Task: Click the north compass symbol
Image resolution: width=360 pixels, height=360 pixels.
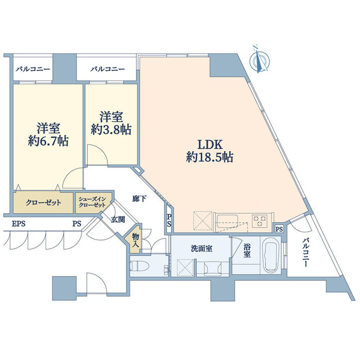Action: tap(260, 60)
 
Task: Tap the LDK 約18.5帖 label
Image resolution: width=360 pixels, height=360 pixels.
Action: tap(210, 150)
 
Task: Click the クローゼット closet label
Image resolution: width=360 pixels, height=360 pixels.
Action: tap(43, 203)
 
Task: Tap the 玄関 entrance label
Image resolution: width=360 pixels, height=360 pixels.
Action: tap(116, 219)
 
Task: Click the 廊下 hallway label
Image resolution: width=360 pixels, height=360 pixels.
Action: tap(139, 199)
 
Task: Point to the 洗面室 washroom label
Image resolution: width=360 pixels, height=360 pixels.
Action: tap(200, 249)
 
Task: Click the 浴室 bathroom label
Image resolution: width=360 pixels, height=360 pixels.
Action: tap(246, 250)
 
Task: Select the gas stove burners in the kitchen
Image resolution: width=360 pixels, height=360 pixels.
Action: tap(260, 219)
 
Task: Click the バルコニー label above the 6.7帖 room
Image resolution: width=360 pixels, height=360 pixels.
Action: tap(33, 69)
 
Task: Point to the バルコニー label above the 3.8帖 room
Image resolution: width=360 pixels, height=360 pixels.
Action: tap(107, 69)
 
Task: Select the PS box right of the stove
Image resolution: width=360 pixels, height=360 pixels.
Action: tap(279, 228)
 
